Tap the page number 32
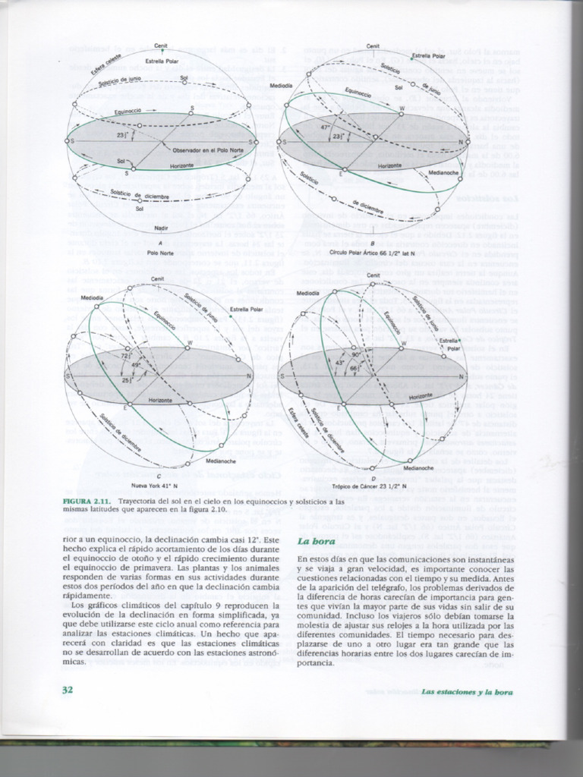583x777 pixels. pos(67,689)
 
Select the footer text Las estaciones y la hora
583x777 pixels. pos(467,691)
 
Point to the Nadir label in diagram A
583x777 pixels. pos(160,228)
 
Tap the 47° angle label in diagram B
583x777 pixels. pos(325,128)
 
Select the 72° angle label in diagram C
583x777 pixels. pos(126,356)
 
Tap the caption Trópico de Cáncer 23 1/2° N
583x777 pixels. pos(373,486)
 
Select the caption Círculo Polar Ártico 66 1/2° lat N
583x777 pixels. pos(373,250)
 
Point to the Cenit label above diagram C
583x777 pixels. pos(158,279)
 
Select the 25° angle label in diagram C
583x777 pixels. pos(126,379)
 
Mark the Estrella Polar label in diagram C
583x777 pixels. pos(245,310)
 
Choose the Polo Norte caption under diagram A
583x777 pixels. pos(160,253)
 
